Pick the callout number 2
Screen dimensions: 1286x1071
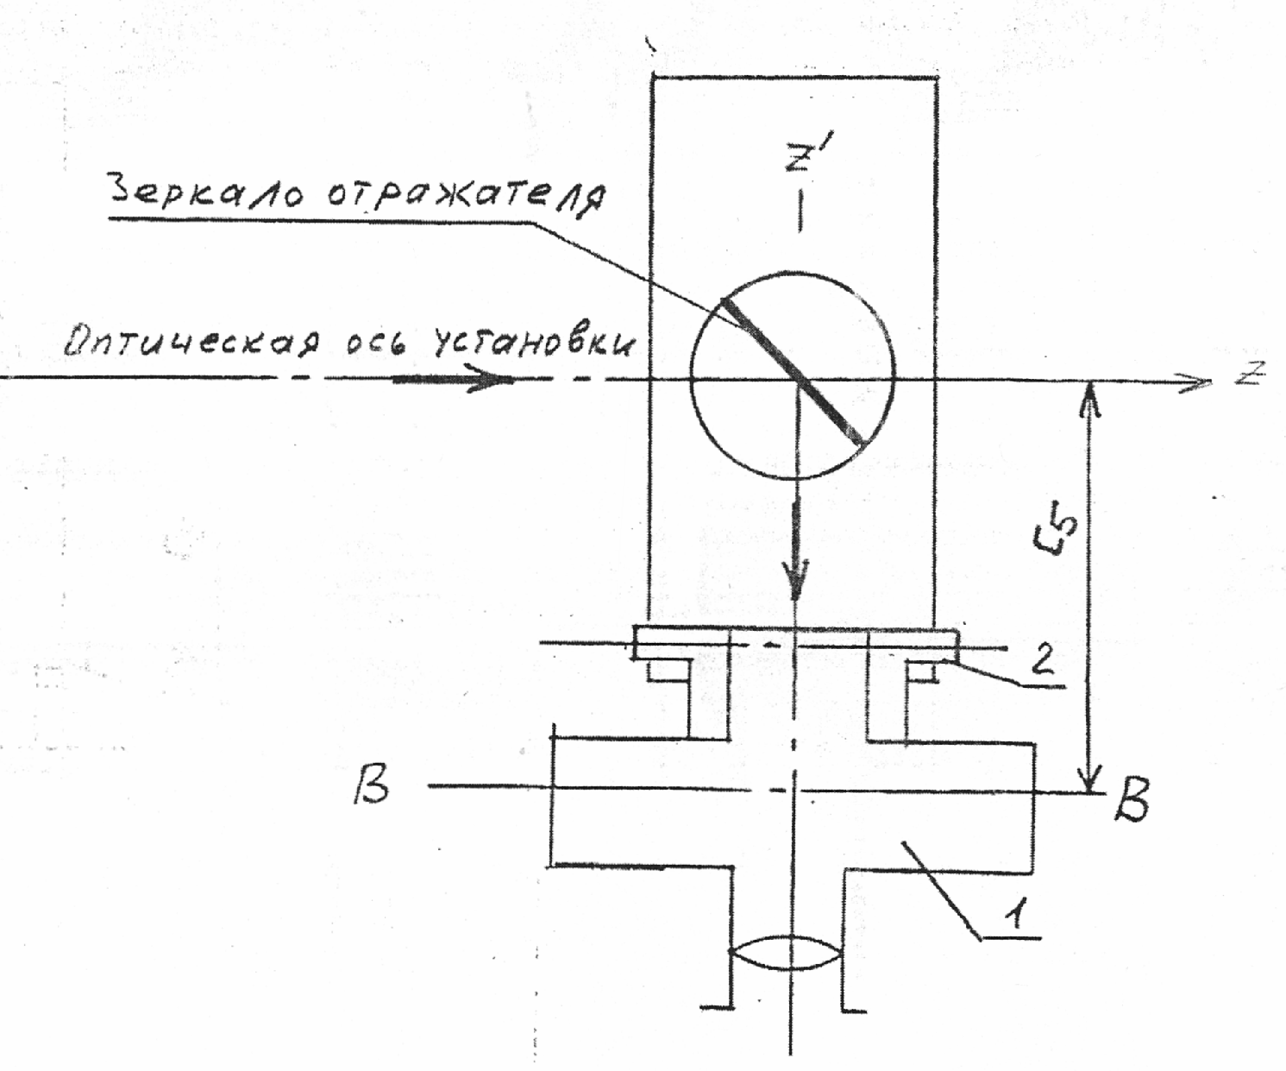1041,660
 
